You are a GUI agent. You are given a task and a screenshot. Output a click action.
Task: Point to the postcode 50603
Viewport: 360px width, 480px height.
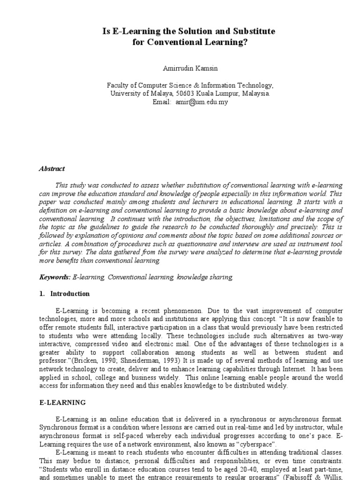tap(197, 93)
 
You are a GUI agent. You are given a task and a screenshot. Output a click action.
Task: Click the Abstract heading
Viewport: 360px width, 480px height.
tap(52, 169)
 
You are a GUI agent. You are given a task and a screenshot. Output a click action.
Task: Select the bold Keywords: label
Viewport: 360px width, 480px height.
tap(55, 277)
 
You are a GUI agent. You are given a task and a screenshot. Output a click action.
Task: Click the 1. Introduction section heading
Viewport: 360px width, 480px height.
tap(64, 294)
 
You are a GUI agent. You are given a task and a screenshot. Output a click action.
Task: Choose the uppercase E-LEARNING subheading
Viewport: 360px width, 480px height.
tap(62, 402)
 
